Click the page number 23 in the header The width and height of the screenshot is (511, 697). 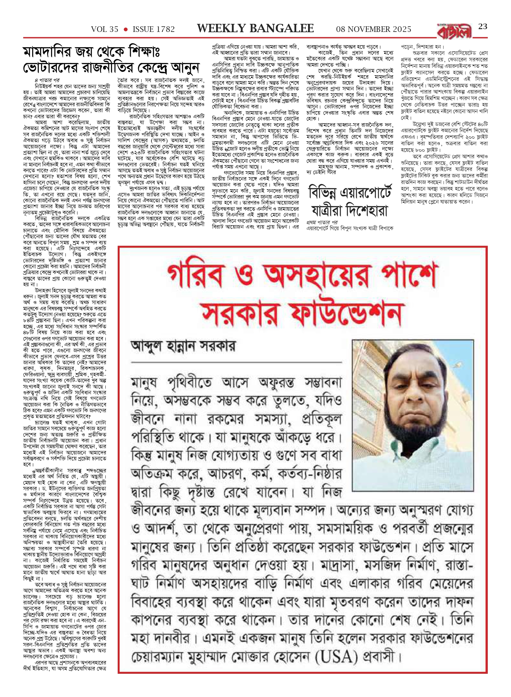[483, 27]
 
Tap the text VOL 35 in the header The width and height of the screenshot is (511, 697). [105, 29]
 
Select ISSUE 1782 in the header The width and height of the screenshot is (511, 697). [154, 29]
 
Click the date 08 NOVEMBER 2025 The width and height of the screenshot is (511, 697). [373, 29]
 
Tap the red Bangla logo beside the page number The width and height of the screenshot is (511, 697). [454, 31]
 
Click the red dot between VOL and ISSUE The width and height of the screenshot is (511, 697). [125, 29]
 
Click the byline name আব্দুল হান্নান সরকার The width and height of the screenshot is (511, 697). [183, 346]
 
